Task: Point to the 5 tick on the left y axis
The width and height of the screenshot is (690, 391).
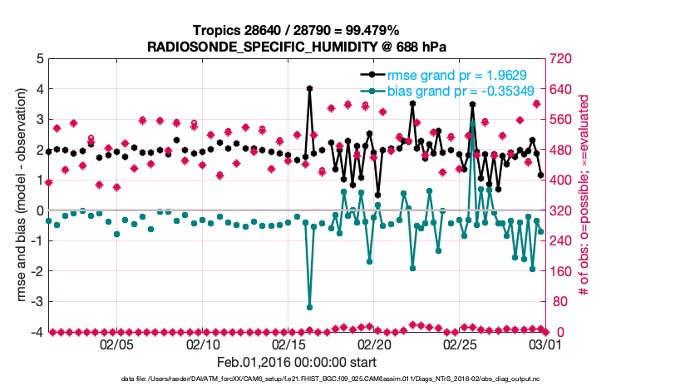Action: (40, 59)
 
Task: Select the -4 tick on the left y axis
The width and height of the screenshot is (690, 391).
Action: (37, 332)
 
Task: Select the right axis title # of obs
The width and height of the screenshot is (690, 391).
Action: (584, 195)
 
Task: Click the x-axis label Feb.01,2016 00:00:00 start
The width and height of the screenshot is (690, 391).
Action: (297, 362)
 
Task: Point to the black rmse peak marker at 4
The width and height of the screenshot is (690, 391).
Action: (309, 88)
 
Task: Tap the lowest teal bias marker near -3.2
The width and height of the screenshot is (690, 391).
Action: (309, 307)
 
